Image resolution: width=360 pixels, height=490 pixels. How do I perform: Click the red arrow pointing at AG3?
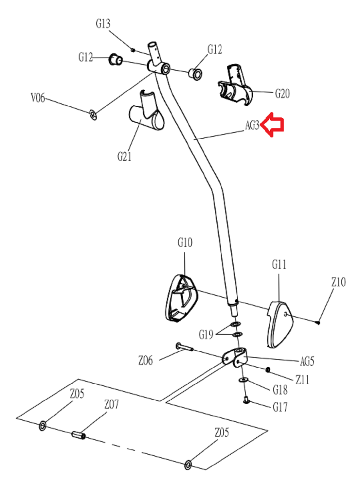273,125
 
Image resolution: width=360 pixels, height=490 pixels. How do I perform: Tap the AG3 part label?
252,125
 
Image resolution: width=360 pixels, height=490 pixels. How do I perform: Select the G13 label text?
103,24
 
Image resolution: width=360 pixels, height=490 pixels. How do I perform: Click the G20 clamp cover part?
235,85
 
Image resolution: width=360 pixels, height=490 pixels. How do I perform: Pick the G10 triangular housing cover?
181,299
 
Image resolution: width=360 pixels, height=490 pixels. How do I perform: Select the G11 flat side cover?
280,324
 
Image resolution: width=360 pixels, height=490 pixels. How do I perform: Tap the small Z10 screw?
318,323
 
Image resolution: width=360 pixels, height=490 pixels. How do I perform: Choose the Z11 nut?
267,370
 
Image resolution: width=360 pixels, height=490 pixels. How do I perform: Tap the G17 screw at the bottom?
246,400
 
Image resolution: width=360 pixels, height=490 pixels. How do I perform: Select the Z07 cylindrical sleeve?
79,435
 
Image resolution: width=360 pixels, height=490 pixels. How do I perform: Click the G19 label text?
206,335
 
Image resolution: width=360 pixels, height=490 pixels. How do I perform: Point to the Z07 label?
112,404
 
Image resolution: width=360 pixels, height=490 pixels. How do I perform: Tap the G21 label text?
124,157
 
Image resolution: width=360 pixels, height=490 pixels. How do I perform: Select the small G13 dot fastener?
133,50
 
